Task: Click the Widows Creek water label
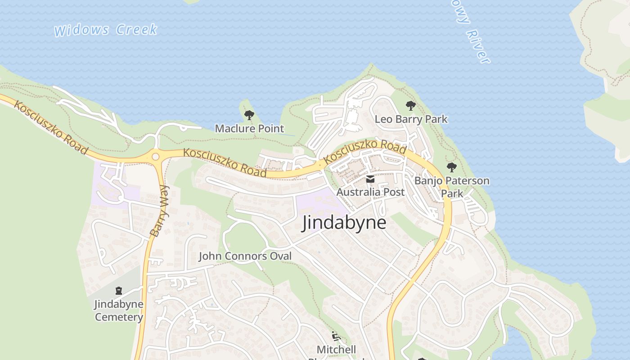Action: pyautogui.click(x=106, y=30)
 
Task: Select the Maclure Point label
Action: pyautogui.click(x=249, y=129)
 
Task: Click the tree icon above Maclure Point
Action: pyautogui.click(x=249, y=115)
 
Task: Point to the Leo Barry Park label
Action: pyautogui.click(x=411, y=119)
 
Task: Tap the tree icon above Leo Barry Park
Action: pyautogui.click(x=410, y=106)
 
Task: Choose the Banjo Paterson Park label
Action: pyautogui.click(x=452, y=187)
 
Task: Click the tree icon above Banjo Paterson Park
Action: pyautogui.click(x=452, y=167)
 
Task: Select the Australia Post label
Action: pyautogui.click(x=370, y=192)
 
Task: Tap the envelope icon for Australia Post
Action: pyautogui.click(x=370, y=179)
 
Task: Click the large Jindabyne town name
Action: pyautogui.click(x=344, y=223)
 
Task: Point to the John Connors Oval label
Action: pyautogui.click(x=245, y=256)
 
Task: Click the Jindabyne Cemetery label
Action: pyautogui.click(x=119, y=310)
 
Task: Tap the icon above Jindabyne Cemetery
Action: pyautogui.click(x=119, y=291)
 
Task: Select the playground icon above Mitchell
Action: pyautogui.click(x=336, y=336)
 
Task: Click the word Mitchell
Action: pyautogui.click(x=336, y=350)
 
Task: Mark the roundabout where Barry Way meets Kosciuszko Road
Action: pyautogui.click(x=156, y=157)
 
